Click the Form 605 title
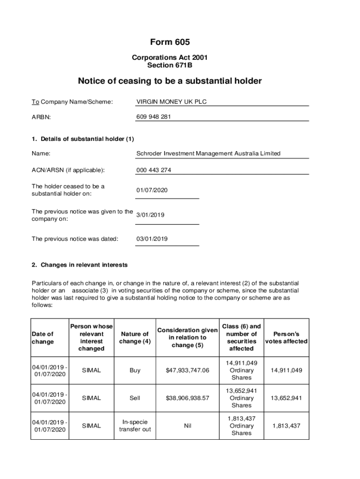(170, 42)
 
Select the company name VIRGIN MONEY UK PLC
(171, 102)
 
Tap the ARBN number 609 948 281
(153, 117)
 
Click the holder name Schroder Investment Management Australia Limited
(208, 153)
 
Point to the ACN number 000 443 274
(153, 170)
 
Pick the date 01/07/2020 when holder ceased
(152, 190)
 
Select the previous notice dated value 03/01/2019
(152, 239)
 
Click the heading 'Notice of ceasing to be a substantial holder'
(170, 81)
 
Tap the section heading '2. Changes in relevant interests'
(79, 265)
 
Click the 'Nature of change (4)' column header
(135, 337)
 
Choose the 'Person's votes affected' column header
(286, 337)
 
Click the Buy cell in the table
(135, 370)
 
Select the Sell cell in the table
(135, 398)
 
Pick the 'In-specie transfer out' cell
(135, 426)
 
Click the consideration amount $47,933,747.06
(187, 370)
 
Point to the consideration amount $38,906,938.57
(187, 398)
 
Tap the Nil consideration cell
(187, 426)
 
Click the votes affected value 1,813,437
(286, 426)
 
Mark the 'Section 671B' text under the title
(170, 65)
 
